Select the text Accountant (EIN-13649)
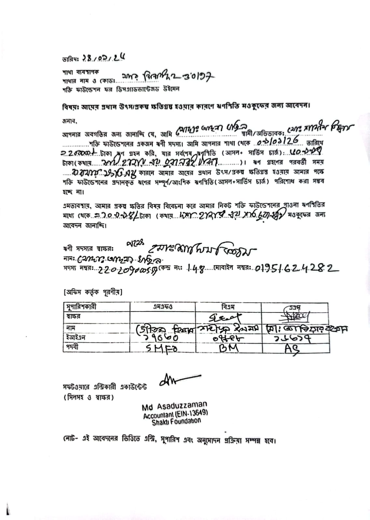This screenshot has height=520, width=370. [x=175, y=414]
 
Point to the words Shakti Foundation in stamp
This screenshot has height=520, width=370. [x=176, y=422]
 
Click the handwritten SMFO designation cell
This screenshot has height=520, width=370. [x=162, y=348]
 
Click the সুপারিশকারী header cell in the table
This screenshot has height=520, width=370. [x=81, y=307]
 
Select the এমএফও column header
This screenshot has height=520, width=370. [x=162, y=307]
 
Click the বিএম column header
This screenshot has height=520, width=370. [x=228, y=307]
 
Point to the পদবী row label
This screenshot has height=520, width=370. [x=72, y=347]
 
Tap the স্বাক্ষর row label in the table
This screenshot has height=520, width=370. [x=73, y=316]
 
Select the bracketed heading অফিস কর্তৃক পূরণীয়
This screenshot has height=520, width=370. [x=93, y=292]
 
